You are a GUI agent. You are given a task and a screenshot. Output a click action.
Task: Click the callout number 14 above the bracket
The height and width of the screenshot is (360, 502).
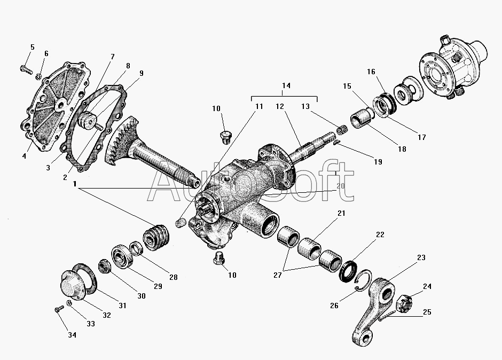point(286,86)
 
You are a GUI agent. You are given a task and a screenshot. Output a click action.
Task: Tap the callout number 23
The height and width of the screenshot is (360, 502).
point(421,257)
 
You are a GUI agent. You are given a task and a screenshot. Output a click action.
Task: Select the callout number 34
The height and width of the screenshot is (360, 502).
point(72,335)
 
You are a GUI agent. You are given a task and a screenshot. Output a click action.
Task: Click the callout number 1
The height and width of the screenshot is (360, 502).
point(76,184)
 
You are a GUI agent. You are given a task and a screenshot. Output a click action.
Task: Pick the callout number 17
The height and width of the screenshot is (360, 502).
point(421,137)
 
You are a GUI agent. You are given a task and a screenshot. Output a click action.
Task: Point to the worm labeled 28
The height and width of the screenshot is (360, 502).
point(156,238)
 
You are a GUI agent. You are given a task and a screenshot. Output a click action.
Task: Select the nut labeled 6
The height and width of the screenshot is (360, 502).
point(40,76)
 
